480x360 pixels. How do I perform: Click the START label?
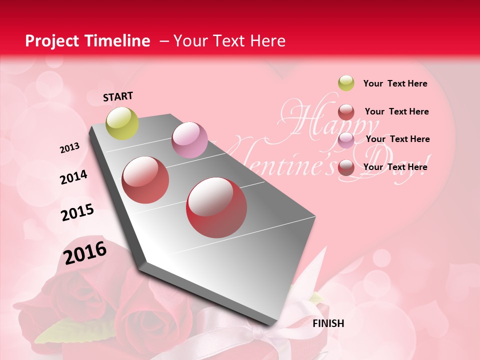tap(118, 96)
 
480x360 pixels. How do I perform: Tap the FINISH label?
tap(328, 323)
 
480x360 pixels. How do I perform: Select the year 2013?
tap(70, 147)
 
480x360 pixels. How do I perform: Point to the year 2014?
tap(74, 177)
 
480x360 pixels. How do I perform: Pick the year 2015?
tap(77, 212)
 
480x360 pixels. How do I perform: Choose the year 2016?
tap(85, 252)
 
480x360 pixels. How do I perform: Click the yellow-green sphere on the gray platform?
tap(122, 123)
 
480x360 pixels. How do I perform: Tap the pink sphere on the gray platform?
tap(189, 140)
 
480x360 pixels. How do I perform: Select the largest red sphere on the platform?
tap(216, 207)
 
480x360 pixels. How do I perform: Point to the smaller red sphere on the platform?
tap(145, 179)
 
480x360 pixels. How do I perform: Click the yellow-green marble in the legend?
tap(346, 83)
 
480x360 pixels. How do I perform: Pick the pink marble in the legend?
tap(346, 140)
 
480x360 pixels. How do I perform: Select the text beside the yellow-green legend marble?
tap(395, 83)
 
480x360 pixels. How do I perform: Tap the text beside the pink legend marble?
tap(397, 139)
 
